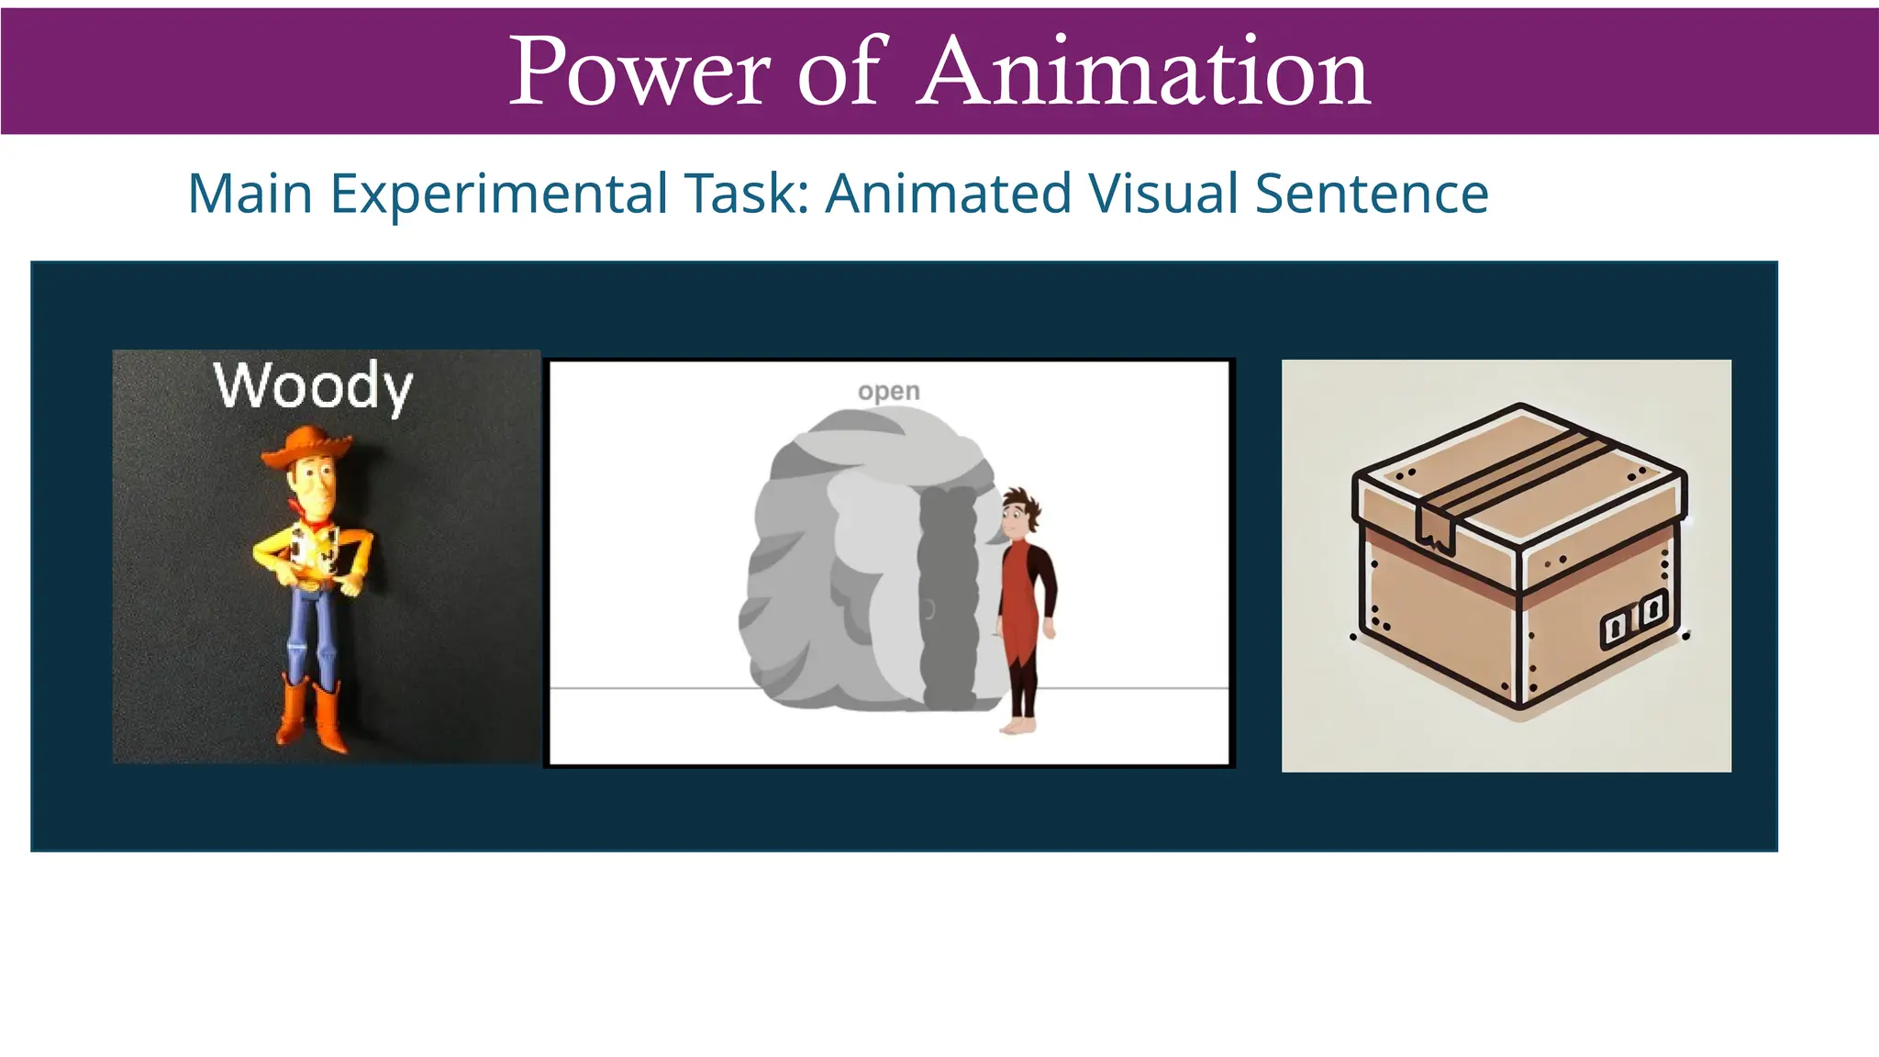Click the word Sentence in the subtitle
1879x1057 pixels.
click(1371, 194)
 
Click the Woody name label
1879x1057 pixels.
click(314, 385)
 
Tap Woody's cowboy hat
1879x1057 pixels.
click(307, 447)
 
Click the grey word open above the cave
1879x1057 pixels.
click(888, 392)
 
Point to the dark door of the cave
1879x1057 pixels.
click(949, 596)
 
